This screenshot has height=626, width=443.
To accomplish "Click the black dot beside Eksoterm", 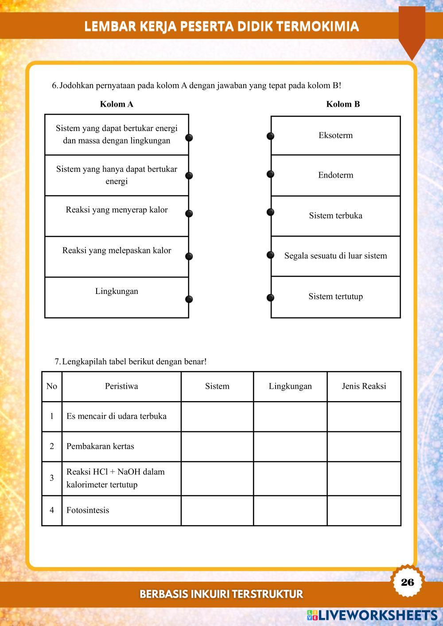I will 270,136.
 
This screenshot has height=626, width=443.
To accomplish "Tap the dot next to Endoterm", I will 270,174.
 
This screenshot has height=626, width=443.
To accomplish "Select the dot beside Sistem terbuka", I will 270,213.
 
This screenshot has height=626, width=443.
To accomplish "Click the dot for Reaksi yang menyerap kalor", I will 189,213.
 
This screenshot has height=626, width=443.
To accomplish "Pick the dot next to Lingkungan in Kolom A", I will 189,299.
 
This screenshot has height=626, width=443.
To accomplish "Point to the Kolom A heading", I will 117,104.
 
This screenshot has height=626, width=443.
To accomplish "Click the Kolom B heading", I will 343,104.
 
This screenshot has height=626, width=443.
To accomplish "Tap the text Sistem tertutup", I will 335,297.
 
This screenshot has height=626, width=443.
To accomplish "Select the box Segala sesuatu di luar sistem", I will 335,256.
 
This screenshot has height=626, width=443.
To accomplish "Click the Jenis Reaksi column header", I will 364,386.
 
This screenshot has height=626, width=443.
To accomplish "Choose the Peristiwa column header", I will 121,386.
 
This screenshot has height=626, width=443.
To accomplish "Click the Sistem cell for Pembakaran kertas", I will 217,446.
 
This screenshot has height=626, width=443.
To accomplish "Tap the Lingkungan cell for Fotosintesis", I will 290,510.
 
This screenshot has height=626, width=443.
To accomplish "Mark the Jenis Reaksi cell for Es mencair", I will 364,416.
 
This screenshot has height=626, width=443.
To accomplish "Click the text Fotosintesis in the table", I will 88,510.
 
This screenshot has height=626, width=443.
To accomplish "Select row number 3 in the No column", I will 52,478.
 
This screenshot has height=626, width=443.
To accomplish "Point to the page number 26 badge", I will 407,582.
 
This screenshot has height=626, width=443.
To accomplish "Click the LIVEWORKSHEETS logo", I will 372,615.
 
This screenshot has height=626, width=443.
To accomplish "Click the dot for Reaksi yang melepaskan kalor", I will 189,256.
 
